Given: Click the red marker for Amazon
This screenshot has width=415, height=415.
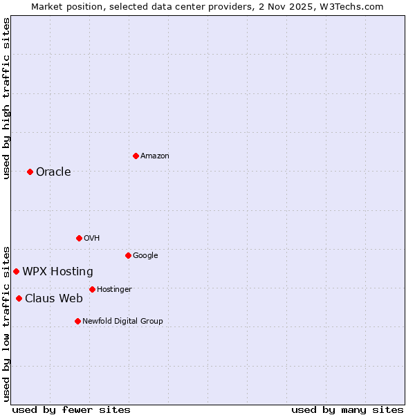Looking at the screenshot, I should click(136, 156).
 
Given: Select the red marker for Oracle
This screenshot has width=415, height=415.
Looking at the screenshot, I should click(30, 172).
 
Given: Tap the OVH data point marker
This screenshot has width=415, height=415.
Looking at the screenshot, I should click(79, 238).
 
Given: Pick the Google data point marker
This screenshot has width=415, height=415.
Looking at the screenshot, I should click(128, 255).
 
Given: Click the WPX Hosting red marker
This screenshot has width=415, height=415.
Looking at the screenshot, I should click(16, 271).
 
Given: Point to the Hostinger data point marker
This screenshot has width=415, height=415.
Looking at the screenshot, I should click(92, 289).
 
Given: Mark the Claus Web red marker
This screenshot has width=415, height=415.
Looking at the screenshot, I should click(19, 298).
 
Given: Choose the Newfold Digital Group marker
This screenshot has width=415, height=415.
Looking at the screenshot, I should click(77, 321).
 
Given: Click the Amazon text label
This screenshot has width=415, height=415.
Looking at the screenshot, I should click(155, 156).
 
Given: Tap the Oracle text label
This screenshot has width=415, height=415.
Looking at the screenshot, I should click(53, 172).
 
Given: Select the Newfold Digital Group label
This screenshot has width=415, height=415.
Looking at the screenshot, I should click(122, 321).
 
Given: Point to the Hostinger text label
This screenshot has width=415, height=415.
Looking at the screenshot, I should click(114, 289).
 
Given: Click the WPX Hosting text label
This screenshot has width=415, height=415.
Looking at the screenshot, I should click(57, 272).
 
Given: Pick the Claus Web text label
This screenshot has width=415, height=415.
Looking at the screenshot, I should click(54, 299).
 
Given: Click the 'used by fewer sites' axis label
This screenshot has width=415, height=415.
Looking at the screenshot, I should click(71, 409).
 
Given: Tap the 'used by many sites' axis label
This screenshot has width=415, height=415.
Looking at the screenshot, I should click(347, 409).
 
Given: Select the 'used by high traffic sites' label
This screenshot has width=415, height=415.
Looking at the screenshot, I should click(6, 98).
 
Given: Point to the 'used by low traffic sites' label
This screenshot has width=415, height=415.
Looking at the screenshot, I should click(6, 323).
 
